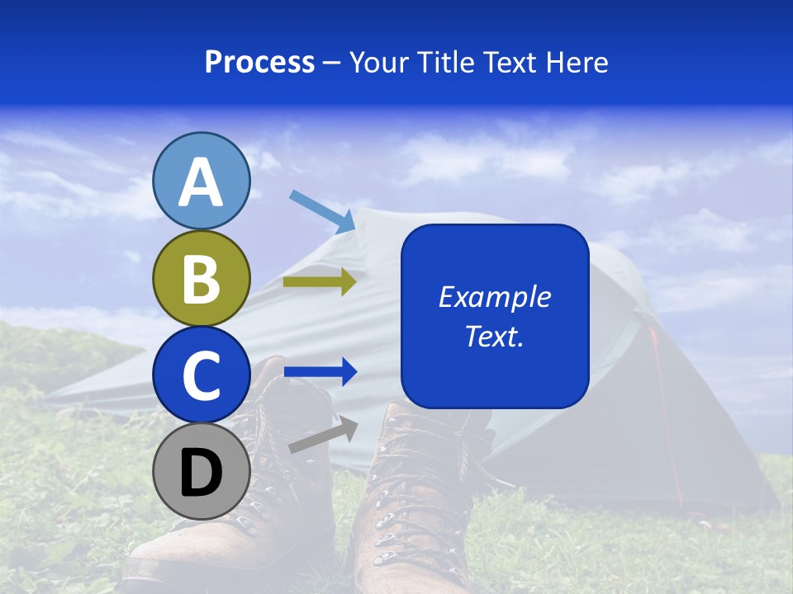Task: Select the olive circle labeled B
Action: click(x=202, y=278)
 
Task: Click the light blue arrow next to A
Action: click(x=322, y=210)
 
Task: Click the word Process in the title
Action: click(x=259, y=63)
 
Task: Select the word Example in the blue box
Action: click(x=494, y=297)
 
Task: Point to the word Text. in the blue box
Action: click(x=494, y=336)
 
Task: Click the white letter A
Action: click(x=202, y=183)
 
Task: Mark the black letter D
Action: click(x=202, y=474)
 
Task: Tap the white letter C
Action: click(x=202, y=376)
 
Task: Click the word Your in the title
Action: click(x=377, y=63)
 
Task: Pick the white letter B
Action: click(x=202, y=279)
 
